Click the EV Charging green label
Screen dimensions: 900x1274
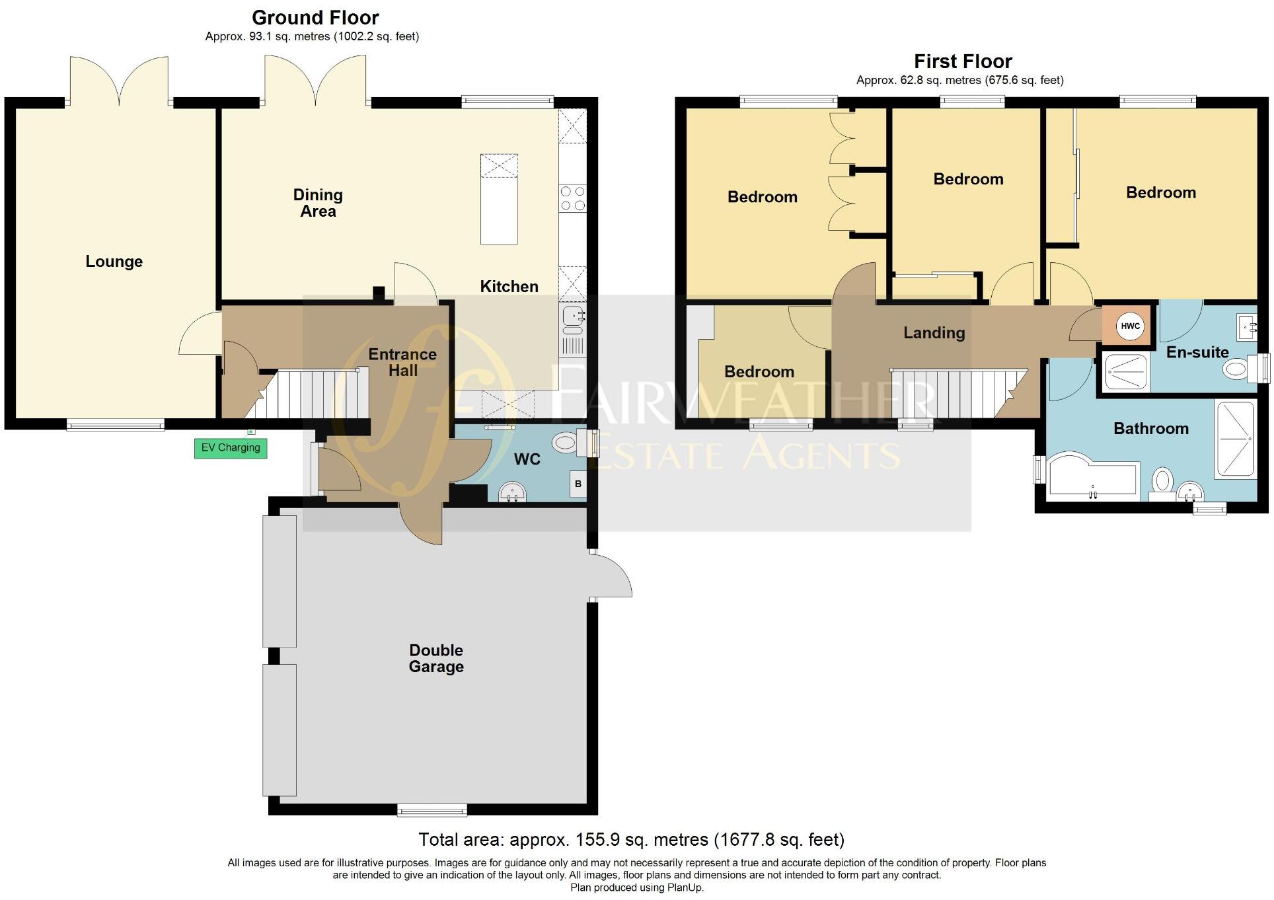click(x=230, y=448)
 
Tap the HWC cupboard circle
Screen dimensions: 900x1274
click(x=1130, y=326)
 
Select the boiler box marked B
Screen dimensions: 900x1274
click(x=578, y=484)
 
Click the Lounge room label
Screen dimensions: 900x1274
click(x=114, y=262)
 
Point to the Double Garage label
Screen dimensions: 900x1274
click(x=436, y=658)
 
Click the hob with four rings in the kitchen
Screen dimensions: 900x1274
click(x=572, y=198)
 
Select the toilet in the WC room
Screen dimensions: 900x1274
click(x=566, y=442)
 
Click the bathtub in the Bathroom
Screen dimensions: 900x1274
click(x=1091, y=476)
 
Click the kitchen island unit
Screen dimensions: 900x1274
click(x=499, y=199)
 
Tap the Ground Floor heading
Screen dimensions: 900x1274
click(x=315, y=17)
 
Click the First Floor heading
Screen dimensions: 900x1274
click(x=962, y=61)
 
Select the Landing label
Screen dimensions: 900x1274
click(x=934, y=333)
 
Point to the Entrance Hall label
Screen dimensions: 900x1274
click(x=402, y=362)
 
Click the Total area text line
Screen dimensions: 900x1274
click(x=631, y=840)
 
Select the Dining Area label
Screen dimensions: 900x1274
click(x=318, y=203)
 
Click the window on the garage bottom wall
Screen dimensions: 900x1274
click(x=432, y=809)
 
